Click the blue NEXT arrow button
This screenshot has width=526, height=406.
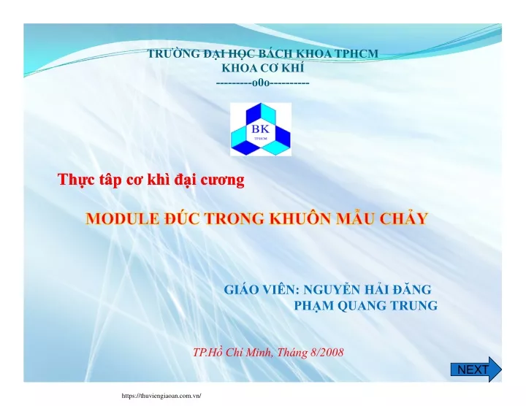point(476,369)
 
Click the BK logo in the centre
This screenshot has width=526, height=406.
point(261,129)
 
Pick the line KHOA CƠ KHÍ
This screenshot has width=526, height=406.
point(263,68)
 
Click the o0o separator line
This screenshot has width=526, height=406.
point(263,83)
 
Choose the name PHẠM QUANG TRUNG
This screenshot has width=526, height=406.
point(366,305)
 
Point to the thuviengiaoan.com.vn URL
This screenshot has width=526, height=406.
point(161,396)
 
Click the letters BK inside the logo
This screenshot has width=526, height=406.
point(261,129)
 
